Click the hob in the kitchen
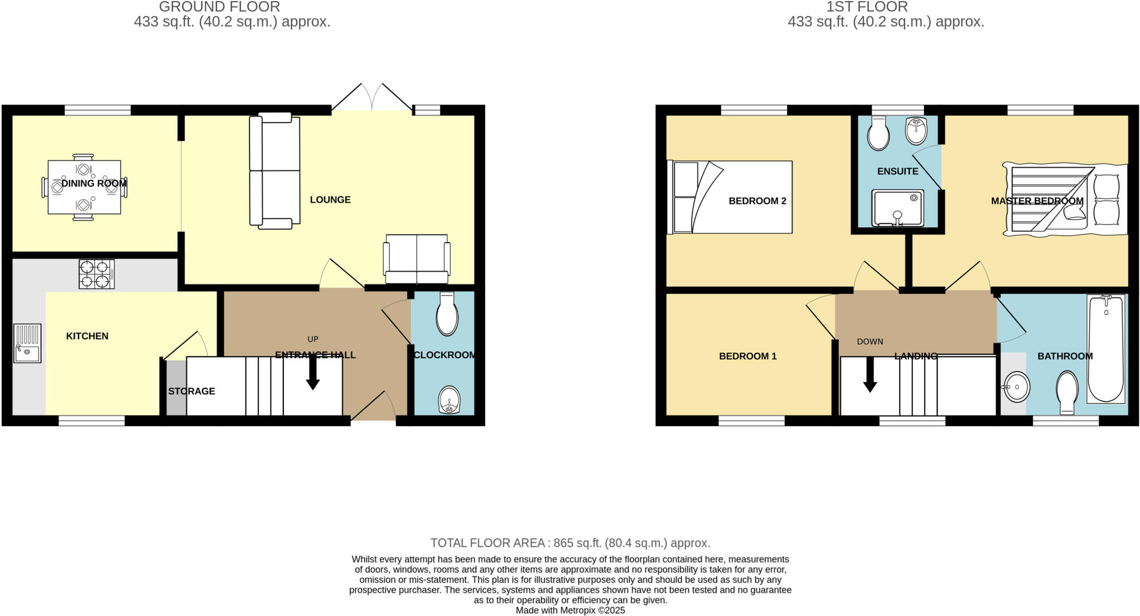(x=97, y=274)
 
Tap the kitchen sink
(x=27, y=344)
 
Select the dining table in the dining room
(x=84, y=187)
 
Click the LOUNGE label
(x=330, y=199)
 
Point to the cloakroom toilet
(x=447, y=315)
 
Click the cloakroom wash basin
(x=449, y=400)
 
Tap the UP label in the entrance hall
(x=313, y=339)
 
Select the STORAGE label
(x=191, y=391)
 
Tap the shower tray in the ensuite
(x=897, y=208)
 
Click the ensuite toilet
(x=878, y=134)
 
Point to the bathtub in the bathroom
(x=1105, y=348)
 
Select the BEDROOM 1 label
(x=748, y=356)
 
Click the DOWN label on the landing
(x=870, y=341)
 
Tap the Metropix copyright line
(x=570, y=610)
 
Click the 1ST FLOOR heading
(x=867, y=7)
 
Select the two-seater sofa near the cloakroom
(x=417, y=259)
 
